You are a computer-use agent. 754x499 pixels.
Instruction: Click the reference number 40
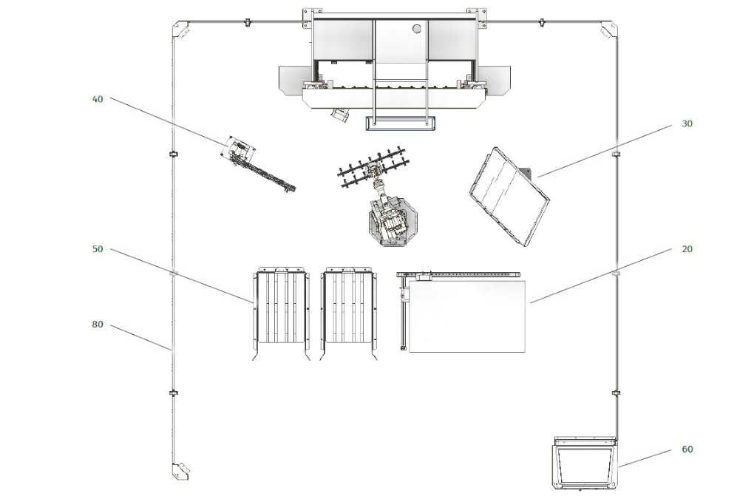pyautogui.click(x=97, y=99)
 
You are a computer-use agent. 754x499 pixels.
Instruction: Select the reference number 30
pyautogui.click(x=687, y=123)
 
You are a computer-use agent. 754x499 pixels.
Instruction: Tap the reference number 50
pyautogui.click(x=97, y=249)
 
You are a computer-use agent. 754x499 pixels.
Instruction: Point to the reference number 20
pyautogui.click(x=687, y=249)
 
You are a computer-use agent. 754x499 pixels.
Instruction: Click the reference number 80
pyautogui.click(x=97, y=325)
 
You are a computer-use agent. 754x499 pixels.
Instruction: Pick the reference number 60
pyautogui.click(x=687, y=449)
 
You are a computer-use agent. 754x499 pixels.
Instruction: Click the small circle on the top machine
pyautogui.click(x=416, y=28)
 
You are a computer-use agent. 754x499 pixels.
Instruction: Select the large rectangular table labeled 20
pyautogui.click(x=466, y=317)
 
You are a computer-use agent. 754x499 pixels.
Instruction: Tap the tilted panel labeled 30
pyautogui.click(x=509, y=197)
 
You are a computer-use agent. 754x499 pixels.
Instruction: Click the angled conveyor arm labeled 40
pyautogui.click(x=258, y=164)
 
